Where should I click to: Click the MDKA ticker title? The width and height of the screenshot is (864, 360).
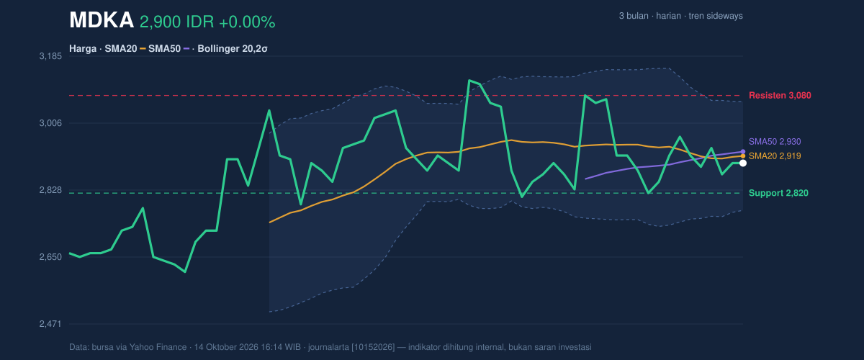click(102, 20)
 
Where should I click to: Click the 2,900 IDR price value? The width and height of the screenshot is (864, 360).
click(177, 22)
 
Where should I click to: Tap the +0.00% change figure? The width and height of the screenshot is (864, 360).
click(247, 22)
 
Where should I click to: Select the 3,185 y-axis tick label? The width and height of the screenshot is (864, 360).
click(50, 56)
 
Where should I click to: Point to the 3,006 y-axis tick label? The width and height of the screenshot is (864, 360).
click(50, 123)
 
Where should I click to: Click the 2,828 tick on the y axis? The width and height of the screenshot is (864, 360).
click(50, 190)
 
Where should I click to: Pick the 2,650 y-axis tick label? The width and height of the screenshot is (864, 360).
click(50, 257)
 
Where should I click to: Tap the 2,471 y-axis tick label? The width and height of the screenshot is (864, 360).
click(50, 324)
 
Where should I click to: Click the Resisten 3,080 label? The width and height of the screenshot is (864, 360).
click(780, 95)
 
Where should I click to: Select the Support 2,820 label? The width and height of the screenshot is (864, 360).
click(778, 193)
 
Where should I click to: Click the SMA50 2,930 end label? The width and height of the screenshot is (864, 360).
click(775, 142)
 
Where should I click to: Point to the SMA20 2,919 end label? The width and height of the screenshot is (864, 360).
click(775, 156)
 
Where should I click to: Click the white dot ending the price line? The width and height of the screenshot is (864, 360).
click(743, 163)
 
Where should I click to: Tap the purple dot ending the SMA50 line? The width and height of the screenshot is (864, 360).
click(743, 152)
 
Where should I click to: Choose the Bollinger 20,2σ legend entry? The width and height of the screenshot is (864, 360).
click(232, 49)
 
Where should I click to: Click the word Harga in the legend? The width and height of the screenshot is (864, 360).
click(83, 49)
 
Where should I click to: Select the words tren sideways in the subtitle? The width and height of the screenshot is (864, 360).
click(716, 16)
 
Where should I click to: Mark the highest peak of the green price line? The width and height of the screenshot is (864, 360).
click(469, 80)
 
